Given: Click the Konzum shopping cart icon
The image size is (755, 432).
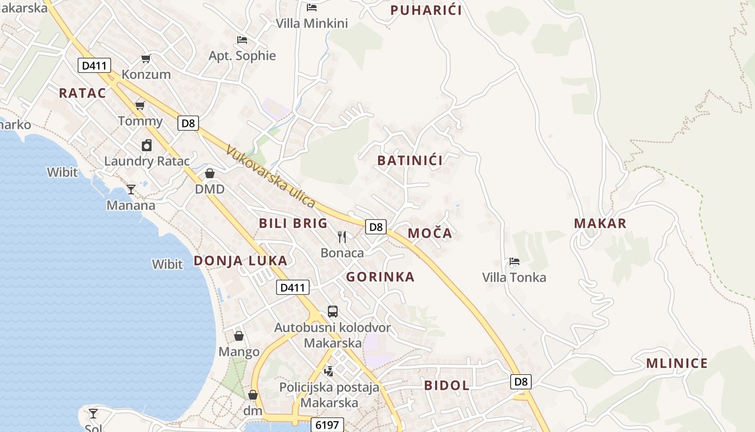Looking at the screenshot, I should click(x=146, y=58).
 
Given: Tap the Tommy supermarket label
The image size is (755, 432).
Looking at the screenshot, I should click(x=140, y=121).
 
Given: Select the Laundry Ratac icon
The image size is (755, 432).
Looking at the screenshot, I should click(x=147, y=145).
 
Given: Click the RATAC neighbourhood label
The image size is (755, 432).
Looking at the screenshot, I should click(x=83, y=93).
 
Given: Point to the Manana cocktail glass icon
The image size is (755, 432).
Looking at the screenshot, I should click(x=131, y=189).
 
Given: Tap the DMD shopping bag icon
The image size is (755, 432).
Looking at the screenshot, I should click(x=210, y=173).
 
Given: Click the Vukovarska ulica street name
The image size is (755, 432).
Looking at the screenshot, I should click(x=270, y=176).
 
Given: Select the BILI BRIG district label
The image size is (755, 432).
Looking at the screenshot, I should click(x=293, y=223).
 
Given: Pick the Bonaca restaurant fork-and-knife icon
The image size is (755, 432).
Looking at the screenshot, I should click(x=342, y=237).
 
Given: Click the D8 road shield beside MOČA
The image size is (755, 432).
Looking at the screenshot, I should click(x=376, y=227).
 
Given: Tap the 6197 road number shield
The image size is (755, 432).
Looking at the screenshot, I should click(x=327, y=425).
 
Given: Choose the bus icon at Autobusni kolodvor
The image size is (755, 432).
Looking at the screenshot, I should click(x=333, y=312).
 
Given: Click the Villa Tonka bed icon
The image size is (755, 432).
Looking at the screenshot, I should click(x=514, y=262).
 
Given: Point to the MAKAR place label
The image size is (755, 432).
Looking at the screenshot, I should click(x=600, y=224).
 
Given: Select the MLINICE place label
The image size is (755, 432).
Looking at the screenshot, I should click(x=677, y=363).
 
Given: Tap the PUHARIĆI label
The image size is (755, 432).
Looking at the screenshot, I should click(x=426, y=10).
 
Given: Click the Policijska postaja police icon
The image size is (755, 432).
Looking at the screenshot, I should click(x=329, y=371).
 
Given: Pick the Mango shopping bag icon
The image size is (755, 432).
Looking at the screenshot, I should click(x=239, y=336).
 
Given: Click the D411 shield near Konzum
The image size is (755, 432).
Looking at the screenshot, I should click(x=94, y=66).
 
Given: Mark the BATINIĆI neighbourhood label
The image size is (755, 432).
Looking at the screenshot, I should click(x=410, y=160).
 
